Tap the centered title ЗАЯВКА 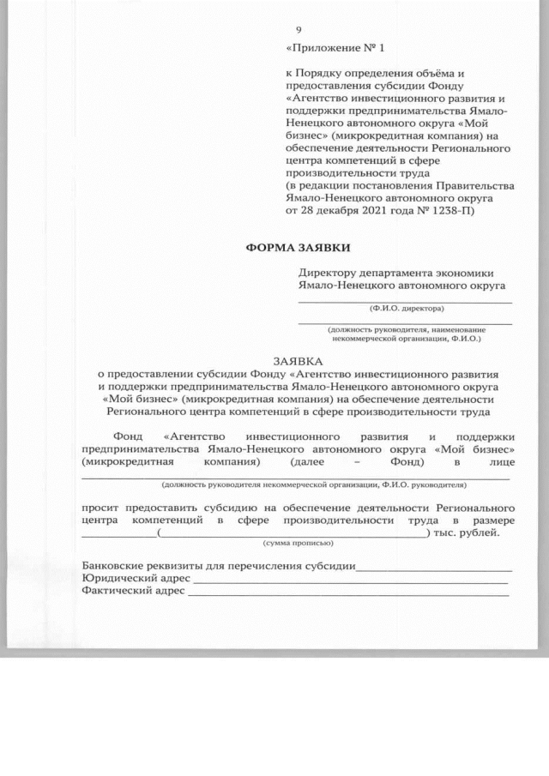point(299,362)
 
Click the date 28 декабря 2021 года point(359,208)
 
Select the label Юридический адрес point(136,579)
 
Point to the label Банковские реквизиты point(150,566)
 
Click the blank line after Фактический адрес point(347,595)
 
